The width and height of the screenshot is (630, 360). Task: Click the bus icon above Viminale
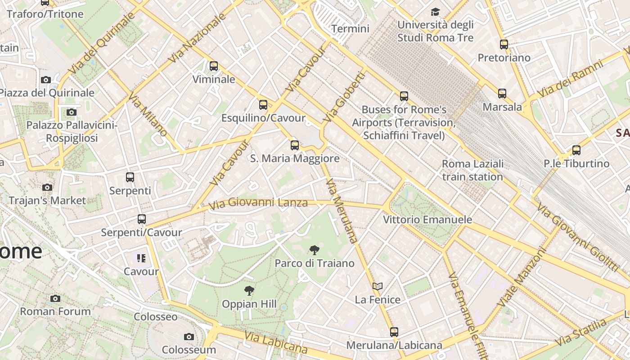coord(214,66)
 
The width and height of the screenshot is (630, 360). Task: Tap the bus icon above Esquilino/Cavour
coord(263,105)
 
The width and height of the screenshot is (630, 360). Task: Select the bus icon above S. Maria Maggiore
coord(295,145)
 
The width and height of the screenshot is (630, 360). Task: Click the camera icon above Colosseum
coord(189,337)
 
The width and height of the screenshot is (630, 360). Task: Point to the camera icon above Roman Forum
coord(55,298)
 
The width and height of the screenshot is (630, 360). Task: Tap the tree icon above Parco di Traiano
coord(315,250)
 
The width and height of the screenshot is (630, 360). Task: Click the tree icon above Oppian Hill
coord(249,291)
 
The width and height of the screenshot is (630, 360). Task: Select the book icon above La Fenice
coord(378,286)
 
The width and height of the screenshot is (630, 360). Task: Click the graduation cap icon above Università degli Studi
coord(435,12)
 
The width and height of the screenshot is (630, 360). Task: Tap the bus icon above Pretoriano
coord(504,45)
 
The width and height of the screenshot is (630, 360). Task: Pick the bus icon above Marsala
coord(502,94)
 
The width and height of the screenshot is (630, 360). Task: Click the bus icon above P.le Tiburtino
coord(576,150)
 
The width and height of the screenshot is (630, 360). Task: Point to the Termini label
coord(350,29)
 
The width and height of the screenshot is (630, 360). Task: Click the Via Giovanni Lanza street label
coord(258,203)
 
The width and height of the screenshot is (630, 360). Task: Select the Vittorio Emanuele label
coord(427,220)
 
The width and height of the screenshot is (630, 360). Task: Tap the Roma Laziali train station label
coord(472,170)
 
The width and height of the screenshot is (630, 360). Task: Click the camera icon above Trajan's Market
coord(47,187)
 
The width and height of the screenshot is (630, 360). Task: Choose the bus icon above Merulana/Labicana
coord(394,332)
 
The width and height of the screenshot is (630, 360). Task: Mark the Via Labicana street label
coord(276,342)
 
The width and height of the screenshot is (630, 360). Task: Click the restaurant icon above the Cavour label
coord(141,258)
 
